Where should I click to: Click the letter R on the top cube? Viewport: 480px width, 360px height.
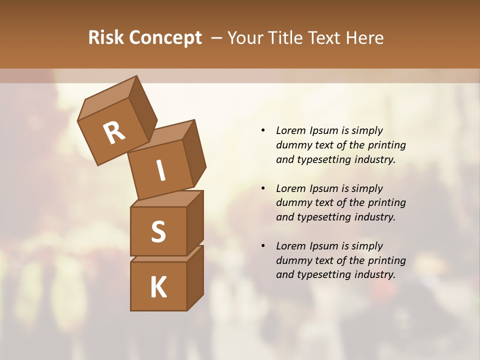(x=114, y=133)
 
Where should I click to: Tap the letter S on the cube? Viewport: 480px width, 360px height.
(x=158, y=232)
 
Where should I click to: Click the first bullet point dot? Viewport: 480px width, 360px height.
(x=263, y=131)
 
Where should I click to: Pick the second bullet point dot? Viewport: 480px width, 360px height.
(x=263, y=188)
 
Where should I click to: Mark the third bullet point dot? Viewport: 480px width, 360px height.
(x=263, y=246)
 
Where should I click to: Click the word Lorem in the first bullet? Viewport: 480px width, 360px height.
(x=290, y=131)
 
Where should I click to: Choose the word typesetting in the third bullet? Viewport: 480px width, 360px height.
(x=323, y=274)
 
